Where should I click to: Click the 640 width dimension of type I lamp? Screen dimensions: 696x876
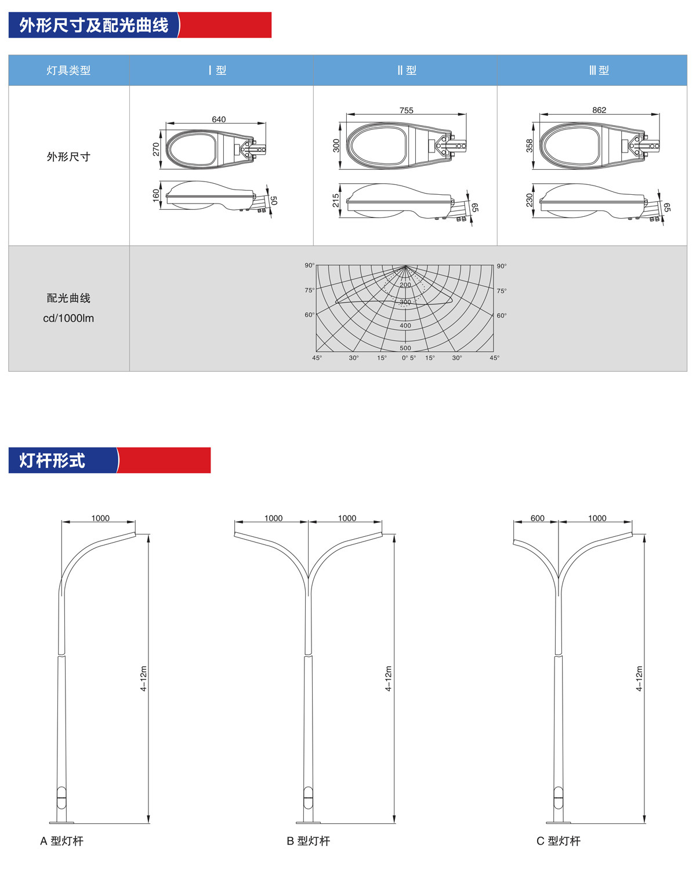click(x=219, y=119)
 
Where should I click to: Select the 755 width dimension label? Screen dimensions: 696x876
click(x=406, y=110)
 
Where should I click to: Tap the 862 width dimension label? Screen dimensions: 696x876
click(x=599, y=110)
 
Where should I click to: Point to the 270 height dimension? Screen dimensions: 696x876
click(x=156, y=149)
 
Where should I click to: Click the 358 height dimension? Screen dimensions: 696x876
click(x=529, y=146)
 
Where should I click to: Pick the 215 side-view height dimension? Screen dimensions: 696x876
click(x=336, y=200)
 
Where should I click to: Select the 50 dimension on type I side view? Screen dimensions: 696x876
click(x=274, y=200)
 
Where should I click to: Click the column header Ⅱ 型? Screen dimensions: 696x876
click(x=407, y=70)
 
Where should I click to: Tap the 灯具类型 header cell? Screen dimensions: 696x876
click(x=68, y=70)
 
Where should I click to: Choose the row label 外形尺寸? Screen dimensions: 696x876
click(x=68, y=157)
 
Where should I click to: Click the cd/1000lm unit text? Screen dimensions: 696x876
click(x=68, y=318)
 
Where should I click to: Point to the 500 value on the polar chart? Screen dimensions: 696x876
click(x=405, y=348)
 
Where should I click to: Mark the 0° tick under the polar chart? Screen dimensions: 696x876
click(x=405, y=358)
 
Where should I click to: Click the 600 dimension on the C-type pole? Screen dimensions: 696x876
click(x=537, y=518)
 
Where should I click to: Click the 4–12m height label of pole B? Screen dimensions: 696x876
click(x=388, y=678)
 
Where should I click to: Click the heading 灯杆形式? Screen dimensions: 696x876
click(x=52, y=460)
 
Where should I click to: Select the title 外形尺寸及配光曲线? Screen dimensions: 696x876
click(x=93, y=26)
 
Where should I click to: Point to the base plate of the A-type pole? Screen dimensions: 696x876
click(x=61, y=822)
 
